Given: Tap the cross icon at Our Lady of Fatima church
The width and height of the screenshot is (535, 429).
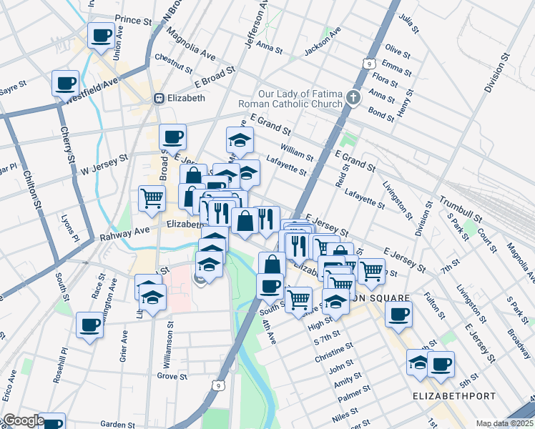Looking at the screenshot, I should [x=353, y=98].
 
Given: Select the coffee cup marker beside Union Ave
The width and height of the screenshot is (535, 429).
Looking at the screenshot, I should [x=101, y=34].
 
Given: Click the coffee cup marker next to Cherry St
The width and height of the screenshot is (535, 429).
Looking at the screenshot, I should [x=66, y=83].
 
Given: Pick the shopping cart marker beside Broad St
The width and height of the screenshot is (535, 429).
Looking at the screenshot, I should [x=152, y=198].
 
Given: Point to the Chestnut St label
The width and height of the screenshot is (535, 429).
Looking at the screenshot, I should [x=173, y=62].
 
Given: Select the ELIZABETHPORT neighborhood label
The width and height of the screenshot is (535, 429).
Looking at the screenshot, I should [x=443, y=395].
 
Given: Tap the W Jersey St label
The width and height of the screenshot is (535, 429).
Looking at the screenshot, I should [x=104, y=164].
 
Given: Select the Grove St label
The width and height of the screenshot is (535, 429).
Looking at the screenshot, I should [x=172, y=375].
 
